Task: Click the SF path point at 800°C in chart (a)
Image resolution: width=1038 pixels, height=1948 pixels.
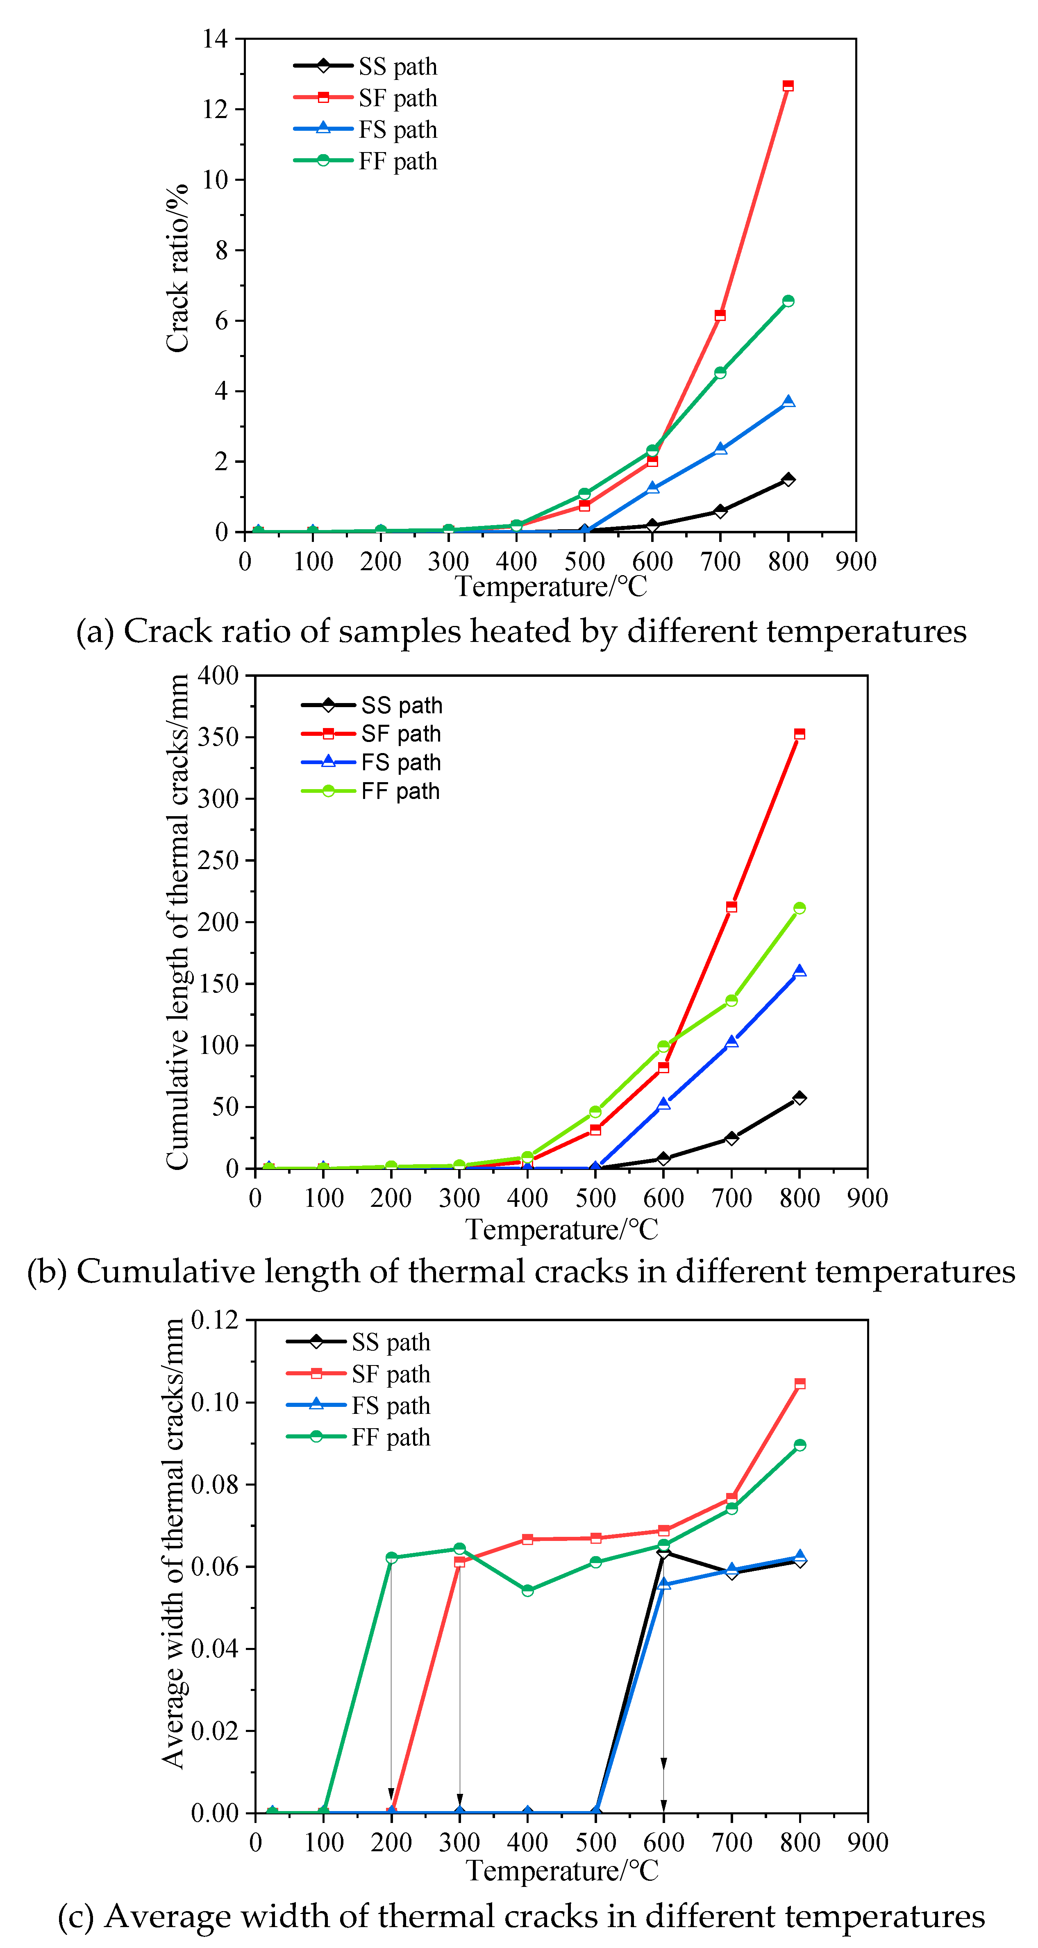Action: click(788, 86)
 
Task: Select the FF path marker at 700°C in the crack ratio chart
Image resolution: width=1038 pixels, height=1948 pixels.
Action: click(720, 373)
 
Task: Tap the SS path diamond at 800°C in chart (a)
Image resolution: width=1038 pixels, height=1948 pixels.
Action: click(788, 480)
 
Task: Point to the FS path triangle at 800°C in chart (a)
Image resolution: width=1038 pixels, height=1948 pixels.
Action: click(788, 402)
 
